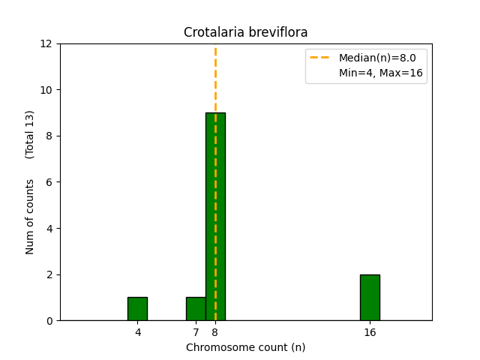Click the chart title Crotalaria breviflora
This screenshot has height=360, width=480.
[245, 32]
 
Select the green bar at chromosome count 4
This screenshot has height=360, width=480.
[137, 309]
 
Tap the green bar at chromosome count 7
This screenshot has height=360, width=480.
[196, 309]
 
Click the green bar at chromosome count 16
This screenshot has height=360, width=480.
[370, 298]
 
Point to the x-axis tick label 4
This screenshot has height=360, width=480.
[137, 332]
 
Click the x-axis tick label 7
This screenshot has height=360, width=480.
[196, 332]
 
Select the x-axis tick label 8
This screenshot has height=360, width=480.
[215, 332]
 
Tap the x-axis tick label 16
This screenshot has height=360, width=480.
[370, 332]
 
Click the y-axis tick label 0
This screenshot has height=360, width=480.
[51, 321]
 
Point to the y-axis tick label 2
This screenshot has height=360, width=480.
[51, 274]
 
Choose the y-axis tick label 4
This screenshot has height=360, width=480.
[51, 228]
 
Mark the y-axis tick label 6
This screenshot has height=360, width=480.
[51, 182]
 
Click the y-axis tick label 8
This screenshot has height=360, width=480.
[51, 136]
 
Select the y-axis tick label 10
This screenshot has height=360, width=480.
[48, 90]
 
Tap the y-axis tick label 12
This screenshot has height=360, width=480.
[48, 43]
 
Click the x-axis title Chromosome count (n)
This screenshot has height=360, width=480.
[245, 347]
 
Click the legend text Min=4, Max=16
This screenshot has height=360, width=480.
[380, 73]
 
